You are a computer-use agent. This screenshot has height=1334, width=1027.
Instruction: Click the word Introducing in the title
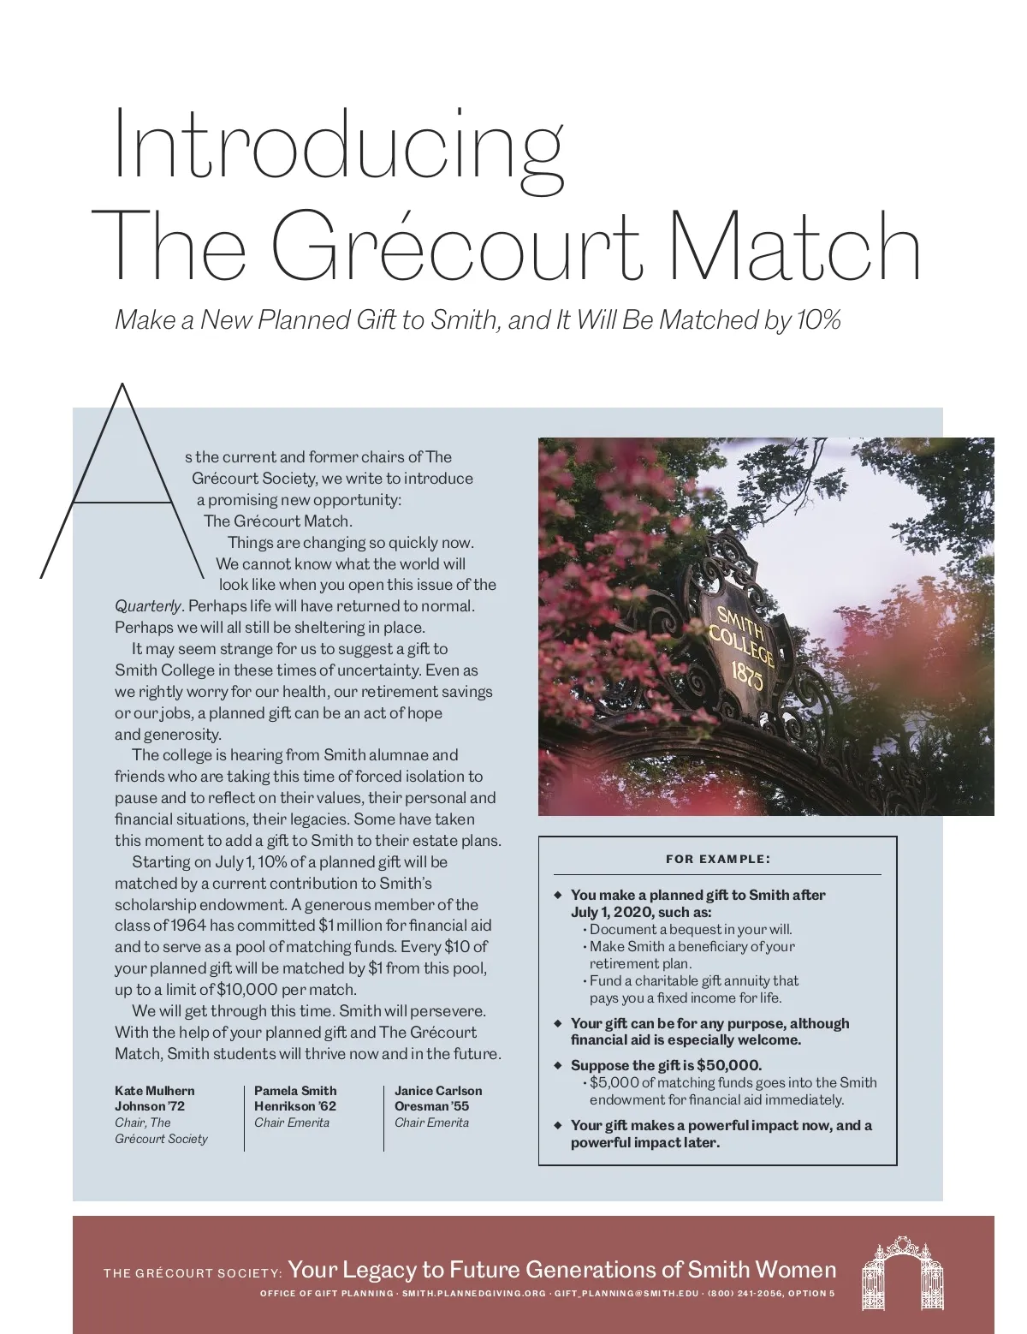[338, 141]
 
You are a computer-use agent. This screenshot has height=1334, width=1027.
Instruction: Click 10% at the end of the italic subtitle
[817, 320]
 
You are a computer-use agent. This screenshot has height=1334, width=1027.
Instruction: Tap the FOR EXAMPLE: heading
[717, 859]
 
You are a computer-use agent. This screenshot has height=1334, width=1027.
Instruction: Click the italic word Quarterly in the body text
[147, 606]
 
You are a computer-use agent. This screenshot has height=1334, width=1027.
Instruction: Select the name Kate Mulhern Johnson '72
[154, 1098]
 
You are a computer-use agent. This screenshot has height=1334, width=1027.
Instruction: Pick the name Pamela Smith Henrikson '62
[295, 1098]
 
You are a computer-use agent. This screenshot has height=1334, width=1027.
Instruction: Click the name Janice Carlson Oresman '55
[437, 1098]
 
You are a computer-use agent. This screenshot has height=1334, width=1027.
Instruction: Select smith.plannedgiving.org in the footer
[473, 1293]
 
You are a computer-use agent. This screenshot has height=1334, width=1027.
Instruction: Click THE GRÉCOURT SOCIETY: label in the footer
[193, 1272]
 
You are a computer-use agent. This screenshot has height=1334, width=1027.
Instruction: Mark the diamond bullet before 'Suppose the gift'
[557, 1065]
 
